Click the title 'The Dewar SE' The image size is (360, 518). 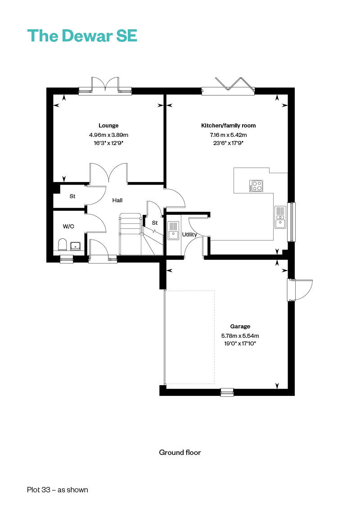coord(82,36)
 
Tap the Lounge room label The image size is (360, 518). coord(108,126)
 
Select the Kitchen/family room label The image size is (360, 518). coord(228,126)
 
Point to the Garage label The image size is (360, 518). coord(240,327)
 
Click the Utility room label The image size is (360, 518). coord(189,235)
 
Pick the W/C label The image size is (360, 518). coord(69,226)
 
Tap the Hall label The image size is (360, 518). coord(117,200)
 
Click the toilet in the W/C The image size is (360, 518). coord(63,245)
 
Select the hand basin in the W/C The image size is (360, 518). coord(76,246)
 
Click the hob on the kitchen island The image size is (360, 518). coord(256,186)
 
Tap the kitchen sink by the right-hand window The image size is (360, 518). coord(280,217)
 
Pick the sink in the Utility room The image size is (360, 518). coord(173,230)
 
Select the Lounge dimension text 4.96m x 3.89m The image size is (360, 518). coord(108,135)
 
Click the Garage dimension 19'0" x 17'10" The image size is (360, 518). coord(240,344)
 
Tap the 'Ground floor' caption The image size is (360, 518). coord(180,453)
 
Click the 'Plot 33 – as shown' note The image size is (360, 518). coord(58,490)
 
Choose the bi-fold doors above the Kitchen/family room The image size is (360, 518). coord(228,86)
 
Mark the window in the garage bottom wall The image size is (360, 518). coord(227,392)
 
